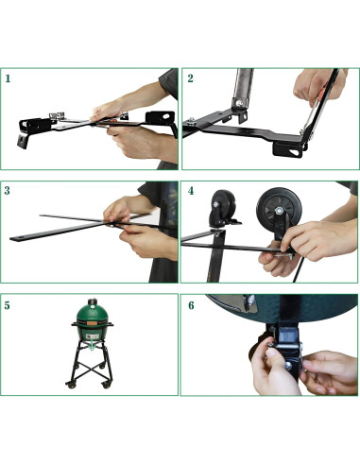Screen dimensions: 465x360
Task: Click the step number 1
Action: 9,78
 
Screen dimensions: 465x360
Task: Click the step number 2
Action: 190,78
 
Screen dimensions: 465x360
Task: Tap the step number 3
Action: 9,191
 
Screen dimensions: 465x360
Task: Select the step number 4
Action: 190,191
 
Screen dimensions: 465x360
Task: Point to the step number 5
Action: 9,305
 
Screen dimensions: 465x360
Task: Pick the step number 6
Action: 190,305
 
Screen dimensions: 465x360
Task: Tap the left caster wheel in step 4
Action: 224,206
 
